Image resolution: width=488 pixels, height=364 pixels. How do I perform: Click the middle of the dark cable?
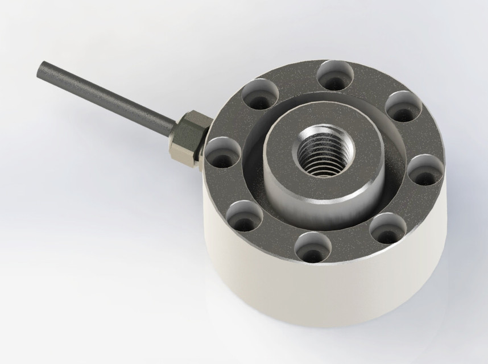[108, 100]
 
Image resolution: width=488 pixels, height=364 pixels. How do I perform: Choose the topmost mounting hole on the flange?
[336, 75]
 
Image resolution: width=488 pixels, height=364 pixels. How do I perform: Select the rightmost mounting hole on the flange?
[425, 169]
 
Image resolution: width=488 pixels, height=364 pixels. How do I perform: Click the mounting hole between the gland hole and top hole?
[258, 94]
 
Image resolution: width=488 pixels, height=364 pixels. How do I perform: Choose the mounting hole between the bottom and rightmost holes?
[387, 228]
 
